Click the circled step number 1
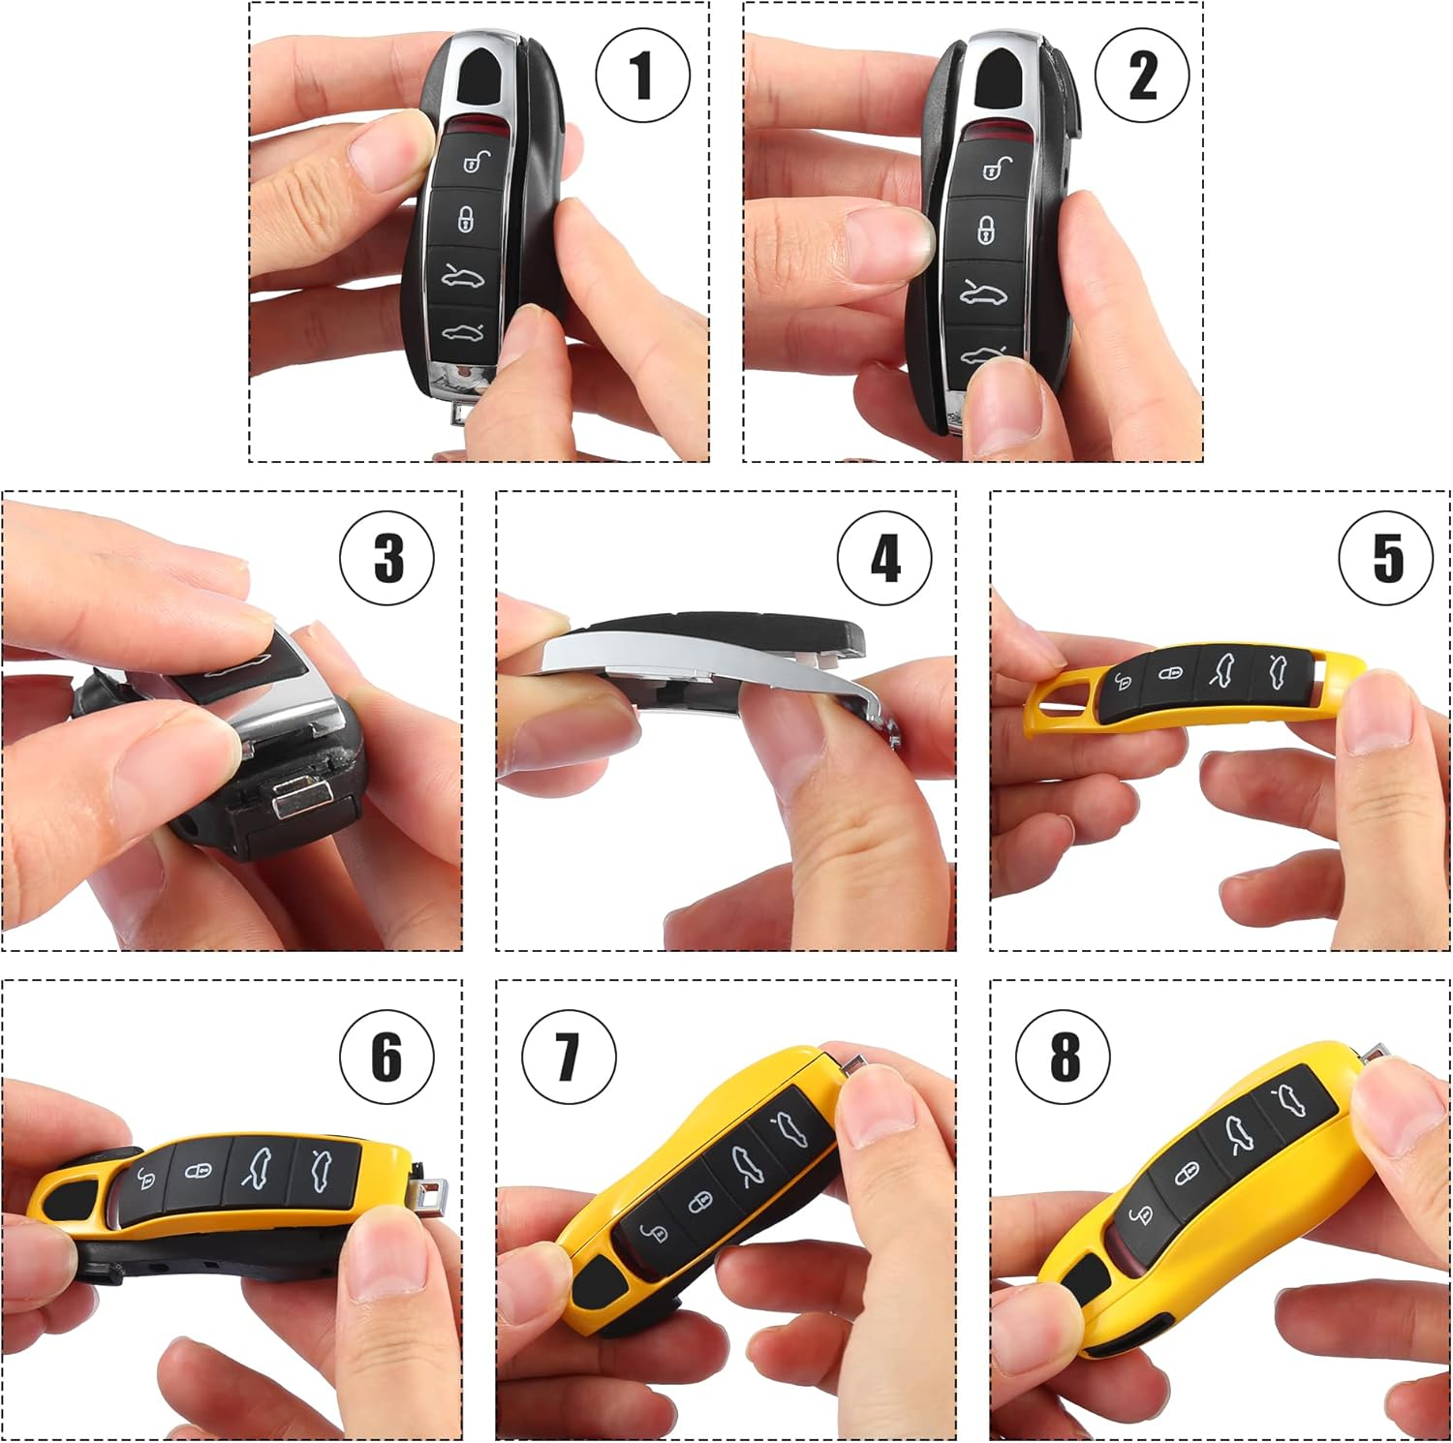pos(642,76)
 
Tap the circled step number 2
pos(1142,76)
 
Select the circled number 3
pos(387,558)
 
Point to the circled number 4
pos(884,558)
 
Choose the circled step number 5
pos(1385,558)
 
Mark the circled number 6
pos(386,1057)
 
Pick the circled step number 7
pos(569,1057)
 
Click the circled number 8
pos(1064,1057)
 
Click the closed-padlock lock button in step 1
pos(466,219)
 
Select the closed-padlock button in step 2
pos(986,230)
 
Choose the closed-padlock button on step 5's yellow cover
pos(1170,672)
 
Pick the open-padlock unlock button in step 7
pos(655,1232)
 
